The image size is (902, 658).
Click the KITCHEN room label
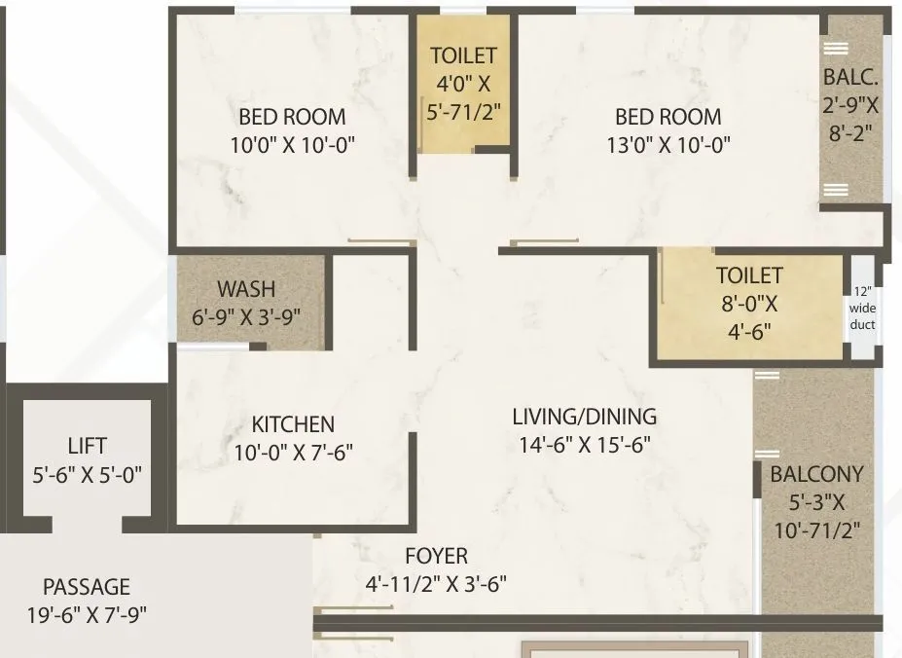pos(293,424)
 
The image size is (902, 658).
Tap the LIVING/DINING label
pos(584,417)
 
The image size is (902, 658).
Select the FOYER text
pos(436,557)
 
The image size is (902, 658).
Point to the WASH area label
pos(246,289)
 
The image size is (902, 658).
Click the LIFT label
pos(88,448)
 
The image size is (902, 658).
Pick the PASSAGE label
pos(86,587)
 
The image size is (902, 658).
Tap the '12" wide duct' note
pos(862,308)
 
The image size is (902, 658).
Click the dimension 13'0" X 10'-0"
pos(667,146)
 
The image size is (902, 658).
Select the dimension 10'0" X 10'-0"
pos(292,146)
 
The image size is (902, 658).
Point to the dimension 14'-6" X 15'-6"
pos(584,445)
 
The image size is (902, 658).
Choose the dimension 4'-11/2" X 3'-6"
pos(436,585)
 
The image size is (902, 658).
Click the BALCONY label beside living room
pos(816,475)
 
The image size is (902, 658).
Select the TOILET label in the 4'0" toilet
pos(464,56)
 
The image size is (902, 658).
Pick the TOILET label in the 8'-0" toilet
pos(748,276)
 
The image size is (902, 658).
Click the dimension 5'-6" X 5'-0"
pos(88,475)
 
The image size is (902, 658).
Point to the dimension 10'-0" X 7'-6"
pos(293,453)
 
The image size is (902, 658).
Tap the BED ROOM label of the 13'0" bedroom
pos(667,118)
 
